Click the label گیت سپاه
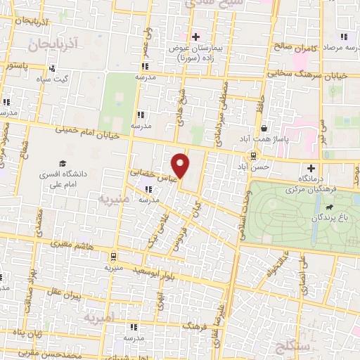click(53, 79)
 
